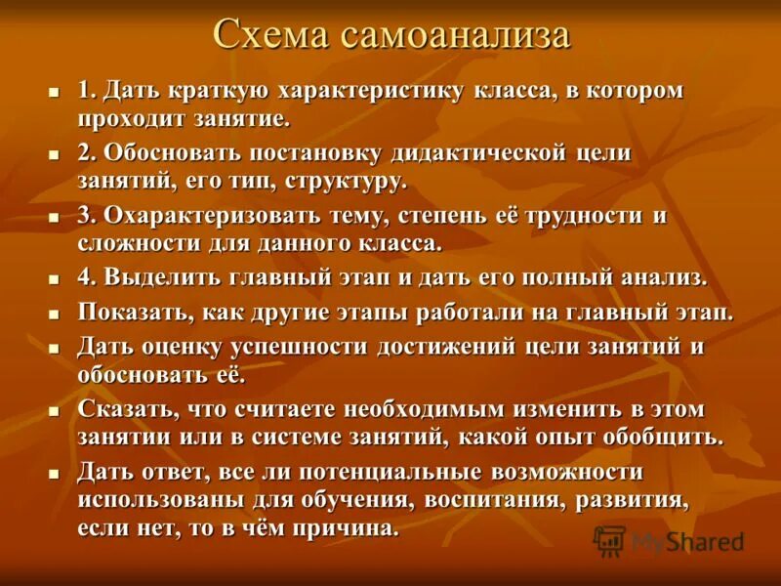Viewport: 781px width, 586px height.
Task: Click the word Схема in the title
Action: pyautogui.click(x=271, y=35)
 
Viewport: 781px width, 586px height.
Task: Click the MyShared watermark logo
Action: pyautogui.click(x=670, y=540)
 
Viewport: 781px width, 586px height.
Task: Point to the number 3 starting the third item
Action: pyautogui.click(x=84, y=216)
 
